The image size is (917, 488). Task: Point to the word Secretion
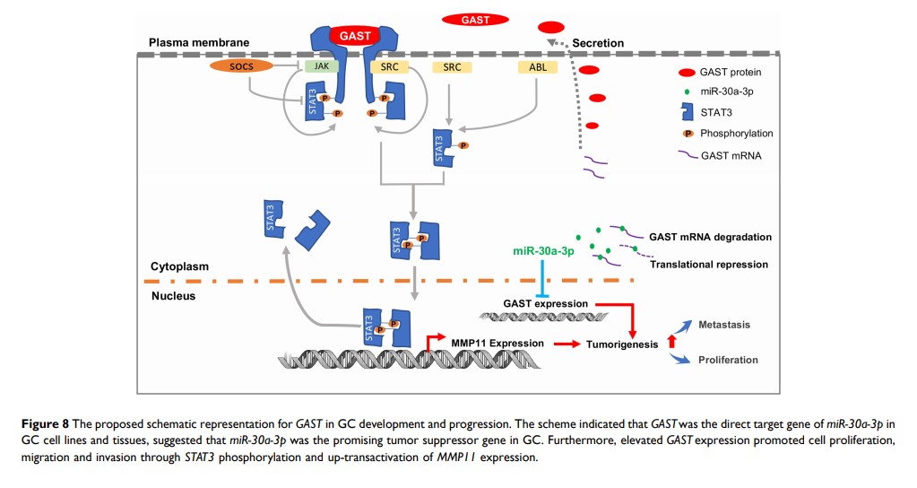597,43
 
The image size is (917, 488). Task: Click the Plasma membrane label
199,42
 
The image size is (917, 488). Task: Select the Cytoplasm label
179,266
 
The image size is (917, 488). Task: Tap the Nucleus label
173,295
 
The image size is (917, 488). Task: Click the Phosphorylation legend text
738,134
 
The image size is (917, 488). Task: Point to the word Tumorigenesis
621,344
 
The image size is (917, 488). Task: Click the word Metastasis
724,324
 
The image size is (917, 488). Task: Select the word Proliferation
728,360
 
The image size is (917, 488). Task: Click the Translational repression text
709,265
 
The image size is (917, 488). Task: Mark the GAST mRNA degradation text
710,237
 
